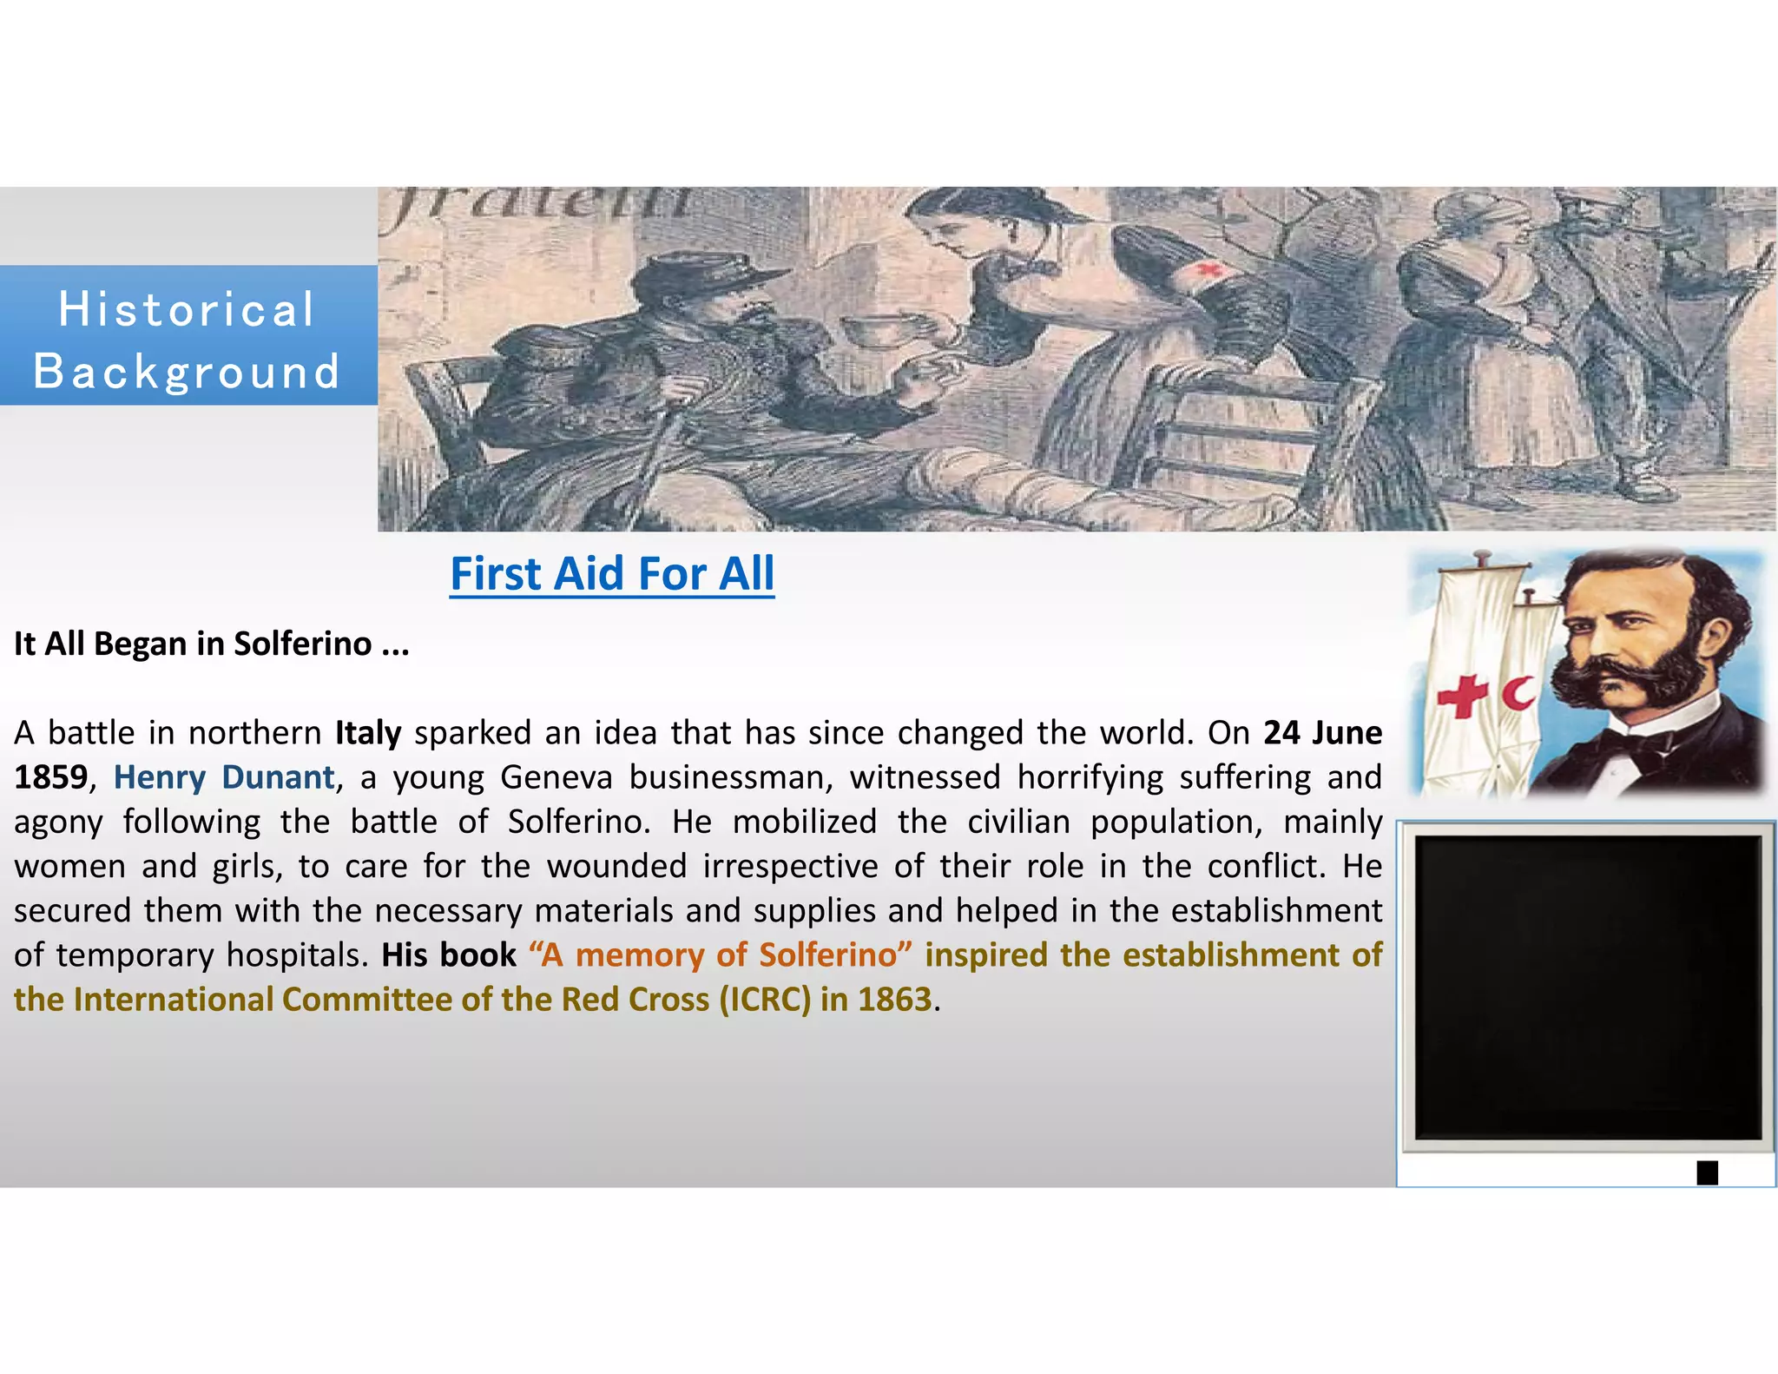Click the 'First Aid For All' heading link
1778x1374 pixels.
coord(612,574)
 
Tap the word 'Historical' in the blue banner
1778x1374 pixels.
coord(187,310)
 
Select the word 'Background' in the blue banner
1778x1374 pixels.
coord(187,372)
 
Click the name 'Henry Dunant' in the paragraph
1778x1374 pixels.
coord(224,777)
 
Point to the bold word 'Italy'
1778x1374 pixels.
coord(368,733)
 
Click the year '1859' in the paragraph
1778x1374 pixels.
coord(50,777)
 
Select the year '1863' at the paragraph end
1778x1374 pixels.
coord(894,1000)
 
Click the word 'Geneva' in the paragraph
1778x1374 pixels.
coord(557,777)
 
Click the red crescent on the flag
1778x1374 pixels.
coord(1518,693)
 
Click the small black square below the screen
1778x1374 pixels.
coord(1707,1173)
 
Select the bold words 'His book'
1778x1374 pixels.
coord(449,955)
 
